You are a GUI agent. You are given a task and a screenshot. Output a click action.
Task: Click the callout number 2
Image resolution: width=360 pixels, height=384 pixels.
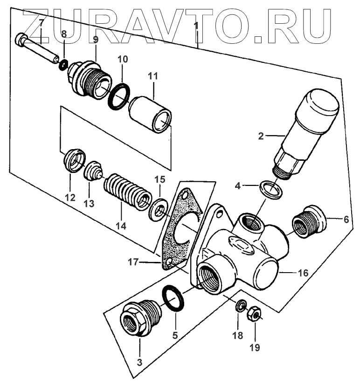click(261, 136)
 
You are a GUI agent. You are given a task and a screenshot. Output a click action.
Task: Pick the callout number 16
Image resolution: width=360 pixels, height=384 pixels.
click(303, 273)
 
